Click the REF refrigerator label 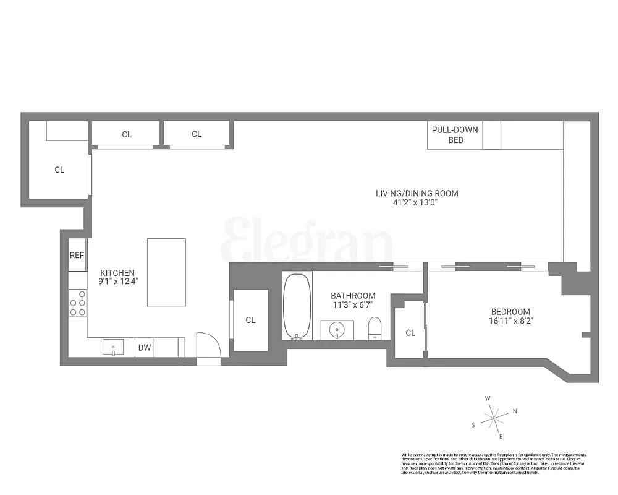pyautogui.click(x=77, y=255)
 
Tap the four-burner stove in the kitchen pyautogui.click(x=78, y=303)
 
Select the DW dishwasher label pyautogui.click(x=144, y=348)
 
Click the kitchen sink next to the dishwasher pyautogui.click(x=113, y=348)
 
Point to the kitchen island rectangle pyautogui.click(x=166, y=272)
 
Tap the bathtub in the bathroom pyautogui.click(x=297, y=306)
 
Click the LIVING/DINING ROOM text pyautogui.click(x=417, y=193)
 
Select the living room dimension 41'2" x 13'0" pyautogui.click(x=417, y=202)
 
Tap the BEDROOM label pyautogui.click(x=510, y=312)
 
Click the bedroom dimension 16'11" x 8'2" pyautogui.click(x=510, y=321)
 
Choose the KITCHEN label pyautogui.click(x=117, y=273)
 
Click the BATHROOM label pyautogui.click(x=353, y=296)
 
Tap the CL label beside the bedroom pyautogui.click(x=410, y=333)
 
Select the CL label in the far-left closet pyautogui.click(x=59, y=170)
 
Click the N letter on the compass pyautogui.click(x=515, y=411)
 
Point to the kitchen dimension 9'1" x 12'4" pyautogui.click(x=117, y=282)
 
